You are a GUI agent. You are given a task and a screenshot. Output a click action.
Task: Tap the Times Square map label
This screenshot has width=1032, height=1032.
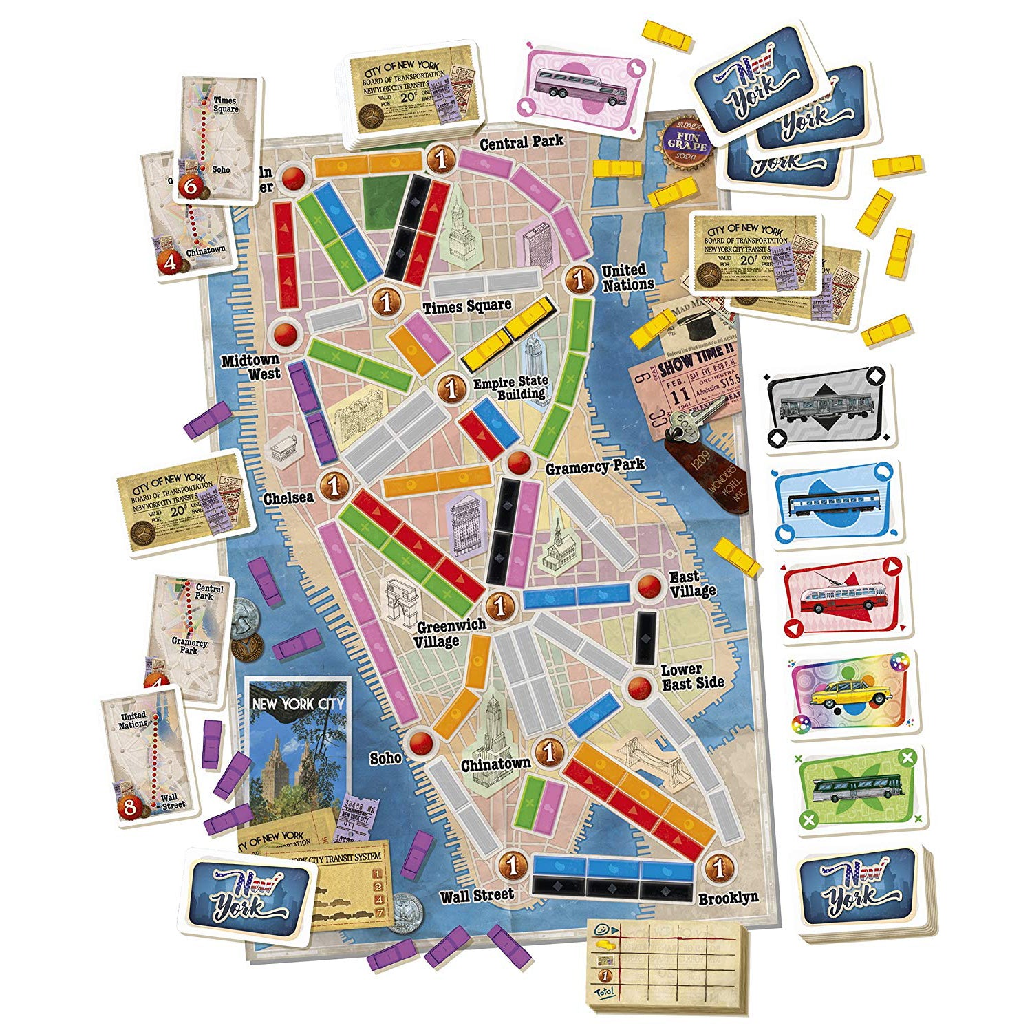(x=467, y=306)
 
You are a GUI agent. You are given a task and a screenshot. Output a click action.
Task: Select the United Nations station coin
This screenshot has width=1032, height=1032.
(x=579, y=280)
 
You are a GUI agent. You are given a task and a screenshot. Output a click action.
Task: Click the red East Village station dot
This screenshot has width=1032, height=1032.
(x=648, y=585)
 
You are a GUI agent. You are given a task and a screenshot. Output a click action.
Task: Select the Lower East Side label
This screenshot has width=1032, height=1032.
(x=692, y=676)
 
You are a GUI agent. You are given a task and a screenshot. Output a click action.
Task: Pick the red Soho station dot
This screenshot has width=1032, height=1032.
(x=419, y=742)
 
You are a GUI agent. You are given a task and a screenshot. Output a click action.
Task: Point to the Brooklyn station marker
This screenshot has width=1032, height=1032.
(x=719, y=868)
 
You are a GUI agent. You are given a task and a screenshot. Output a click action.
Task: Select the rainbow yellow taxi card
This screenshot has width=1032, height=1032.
(x=853, y=695)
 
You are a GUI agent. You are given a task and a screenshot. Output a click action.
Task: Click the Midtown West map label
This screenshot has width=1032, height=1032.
(x=250, y=367)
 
